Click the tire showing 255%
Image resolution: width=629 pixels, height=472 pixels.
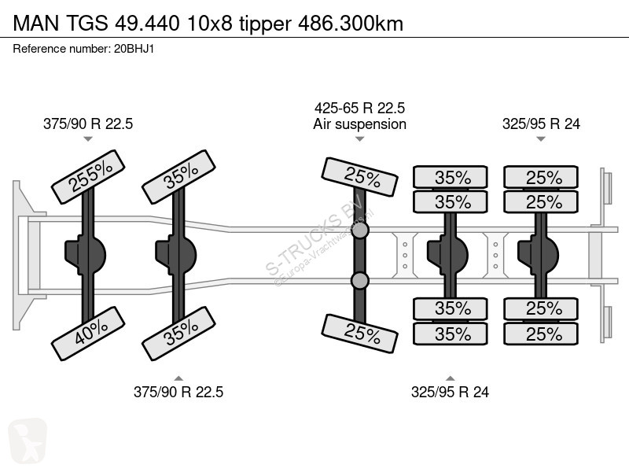[88, 176]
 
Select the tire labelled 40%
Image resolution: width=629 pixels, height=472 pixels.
[88, 333]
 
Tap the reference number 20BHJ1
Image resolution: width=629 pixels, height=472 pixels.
[134, 49]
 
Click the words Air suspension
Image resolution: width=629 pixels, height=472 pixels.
[359, 124]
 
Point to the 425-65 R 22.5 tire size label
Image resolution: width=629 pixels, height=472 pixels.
[359, 108]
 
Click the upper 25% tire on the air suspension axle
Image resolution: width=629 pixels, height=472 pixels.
[360, 177]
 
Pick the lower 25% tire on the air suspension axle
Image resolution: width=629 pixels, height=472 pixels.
[360, 334]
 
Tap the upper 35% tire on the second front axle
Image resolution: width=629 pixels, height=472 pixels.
[179, 176]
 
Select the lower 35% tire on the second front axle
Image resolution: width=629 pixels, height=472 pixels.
[179, 333]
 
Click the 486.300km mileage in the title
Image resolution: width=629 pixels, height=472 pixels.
[351, 24]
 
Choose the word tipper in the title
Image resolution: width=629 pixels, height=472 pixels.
[265, 24]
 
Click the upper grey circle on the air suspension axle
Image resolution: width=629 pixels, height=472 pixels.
[360, 230]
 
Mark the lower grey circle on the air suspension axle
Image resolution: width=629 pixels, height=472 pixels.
[360, 281]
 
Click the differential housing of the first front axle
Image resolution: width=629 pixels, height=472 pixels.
[85, 255]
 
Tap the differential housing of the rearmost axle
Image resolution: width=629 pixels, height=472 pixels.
[538, 255]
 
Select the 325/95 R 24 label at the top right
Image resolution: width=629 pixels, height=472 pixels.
[541, 124]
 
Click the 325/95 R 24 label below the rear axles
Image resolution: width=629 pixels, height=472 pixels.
[450, 392]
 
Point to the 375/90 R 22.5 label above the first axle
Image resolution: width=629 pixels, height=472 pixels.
[88, 124]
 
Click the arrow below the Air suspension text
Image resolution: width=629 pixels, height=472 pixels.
[360, 139]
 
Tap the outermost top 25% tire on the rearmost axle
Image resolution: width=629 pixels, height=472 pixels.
[541, 177]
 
